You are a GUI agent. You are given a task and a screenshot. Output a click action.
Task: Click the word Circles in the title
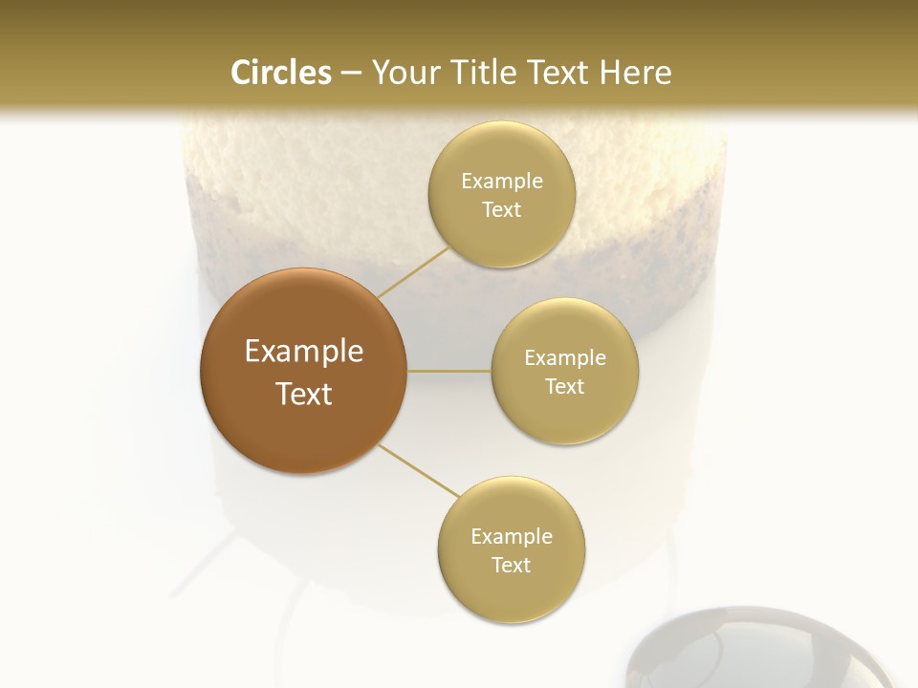click(x=280, y=73)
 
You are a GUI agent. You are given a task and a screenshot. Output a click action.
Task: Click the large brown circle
click(x=303, y=371)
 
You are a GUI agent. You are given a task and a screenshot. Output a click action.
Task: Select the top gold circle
click(x=501, y=195)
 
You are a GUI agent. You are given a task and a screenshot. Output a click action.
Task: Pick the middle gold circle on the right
click(x=564, y=371)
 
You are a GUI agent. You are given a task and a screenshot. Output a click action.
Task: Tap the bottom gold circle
click(x=511, y=550)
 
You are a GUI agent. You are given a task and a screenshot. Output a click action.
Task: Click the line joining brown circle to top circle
click(x=414, y=272)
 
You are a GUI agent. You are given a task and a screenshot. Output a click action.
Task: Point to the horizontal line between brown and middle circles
click(x=449, y=371)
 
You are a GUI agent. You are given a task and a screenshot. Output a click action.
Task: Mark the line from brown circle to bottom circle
click(x=418, y=470)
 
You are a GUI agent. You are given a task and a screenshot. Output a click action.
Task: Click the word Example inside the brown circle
click(x=303, y=352)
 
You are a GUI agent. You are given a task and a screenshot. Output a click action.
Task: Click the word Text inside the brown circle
click(x=303, y=394)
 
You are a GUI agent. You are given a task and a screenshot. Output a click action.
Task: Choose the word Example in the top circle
click(x=501, y=181)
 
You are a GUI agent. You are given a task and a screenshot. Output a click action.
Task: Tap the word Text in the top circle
click(x=501, y=210)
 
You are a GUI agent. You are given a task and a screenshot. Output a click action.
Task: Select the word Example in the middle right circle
click(x=564, y=357)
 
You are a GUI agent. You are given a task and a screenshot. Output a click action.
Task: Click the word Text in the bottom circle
click(x=511, y=565)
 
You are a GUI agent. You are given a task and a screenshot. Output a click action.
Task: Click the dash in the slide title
click(x=350, y=74)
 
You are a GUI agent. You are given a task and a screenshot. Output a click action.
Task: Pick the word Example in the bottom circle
click(x=511, y=536)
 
